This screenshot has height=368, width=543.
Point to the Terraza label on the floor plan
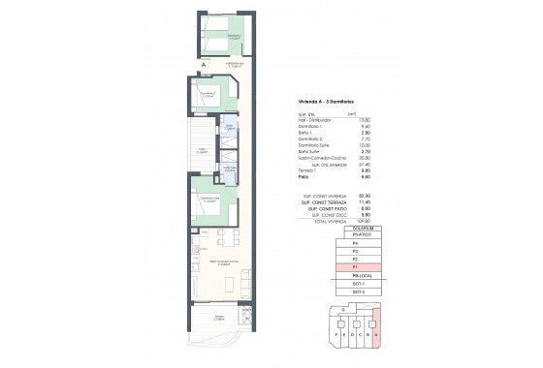click(219, 318)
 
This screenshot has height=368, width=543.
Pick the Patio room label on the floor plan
click(202, 151)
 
